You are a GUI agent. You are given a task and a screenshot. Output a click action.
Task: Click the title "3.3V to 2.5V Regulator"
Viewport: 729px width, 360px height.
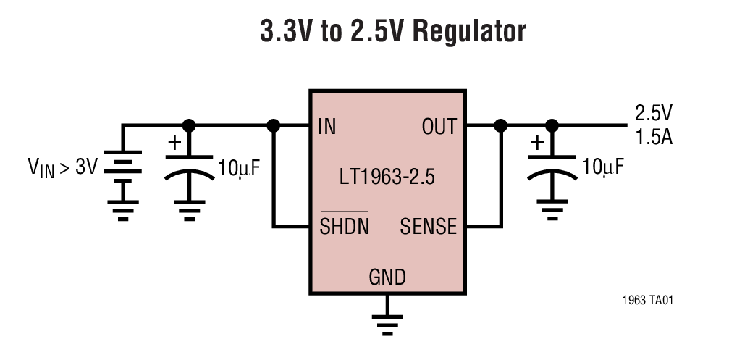click(392, 33)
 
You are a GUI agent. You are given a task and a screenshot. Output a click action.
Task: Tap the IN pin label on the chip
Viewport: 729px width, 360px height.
click(326, 127)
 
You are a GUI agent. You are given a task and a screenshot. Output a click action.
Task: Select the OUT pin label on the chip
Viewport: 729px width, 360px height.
click(439, 127)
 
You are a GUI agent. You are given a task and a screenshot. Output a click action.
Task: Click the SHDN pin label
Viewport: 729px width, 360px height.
click(344, 227)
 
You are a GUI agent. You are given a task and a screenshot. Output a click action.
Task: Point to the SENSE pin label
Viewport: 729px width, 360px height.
click(428, 227)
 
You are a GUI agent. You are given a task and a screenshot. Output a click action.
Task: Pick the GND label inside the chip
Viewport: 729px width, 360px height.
click(387, 277)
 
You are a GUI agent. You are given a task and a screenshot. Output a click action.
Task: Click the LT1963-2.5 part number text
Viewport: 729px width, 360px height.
click(387, 178)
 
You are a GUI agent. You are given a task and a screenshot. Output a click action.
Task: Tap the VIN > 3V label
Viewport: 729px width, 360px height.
click(62, 167)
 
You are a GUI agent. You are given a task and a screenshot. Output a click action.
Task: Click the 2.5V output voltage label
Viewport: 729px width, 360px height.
click(654, 113)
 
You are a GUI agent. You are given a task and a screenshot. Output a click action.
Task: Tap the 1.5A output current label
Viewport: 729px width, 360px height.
click(654, 136)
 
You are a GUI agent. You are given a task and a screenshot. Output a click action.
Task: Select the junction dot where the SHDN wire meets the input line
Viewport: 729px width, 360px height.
click(274, 125)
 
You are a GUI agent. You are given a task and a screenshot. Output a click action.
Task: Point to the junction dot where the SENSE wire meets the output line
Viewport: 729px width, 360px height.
click(500, 125)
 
